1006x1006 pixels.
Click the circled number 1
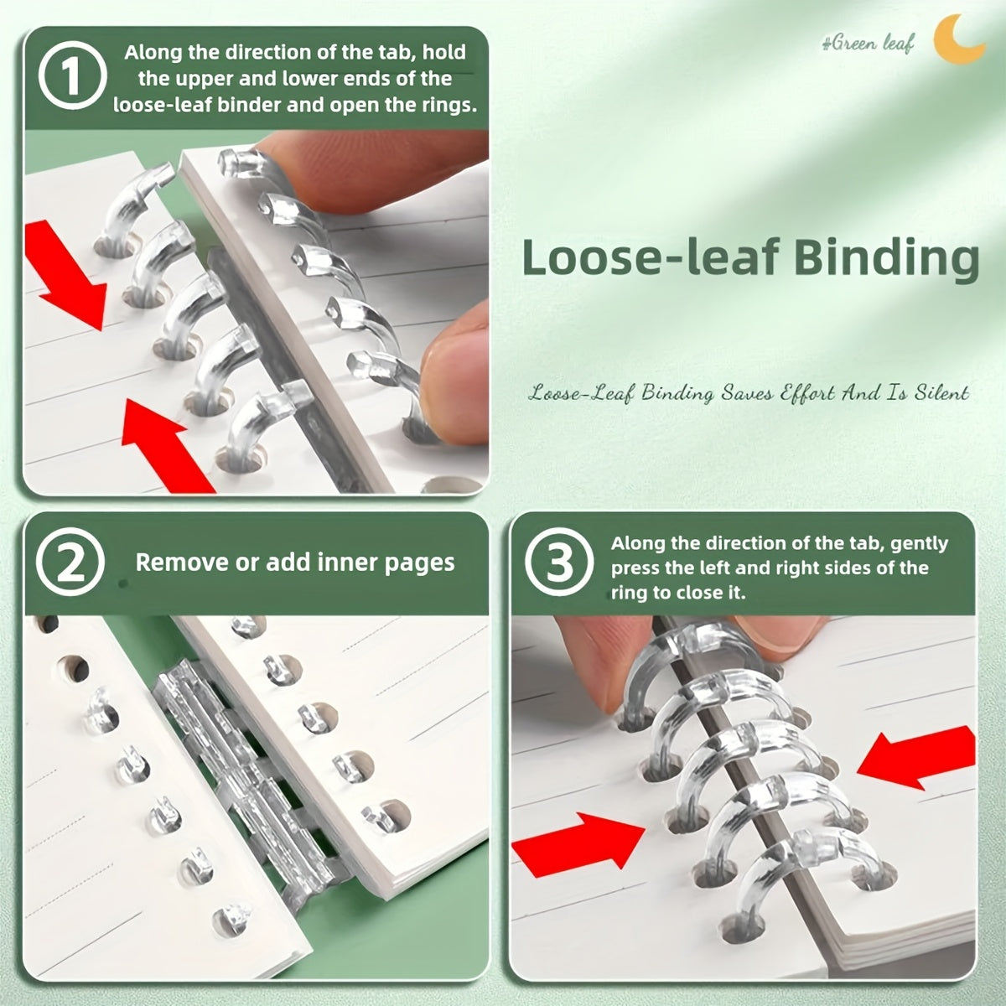[73, 75]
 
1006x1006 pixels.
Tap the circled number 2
[70, 562]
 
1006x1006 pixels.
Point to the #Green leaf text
[868, 43]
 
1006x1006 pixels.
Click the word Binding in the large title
[886, 258]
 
